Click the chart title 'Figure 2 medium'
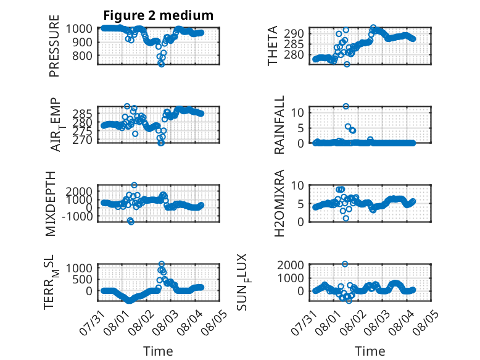(x=159, y=15)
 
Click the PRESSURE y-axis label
(x=54, y=46)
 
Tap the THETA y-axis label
(x=272, y=46)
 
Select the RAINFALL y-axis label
(x=279, y=125)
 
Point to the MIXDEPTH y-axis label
(x=50, y=204)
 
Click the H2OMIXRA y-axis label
(x=279, y=203)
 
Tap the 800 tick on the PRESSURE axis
(x=83, y=56)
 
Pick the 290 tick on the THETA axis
(x=294, y=33)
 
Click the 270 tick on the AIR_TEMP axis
(x=83, y=140)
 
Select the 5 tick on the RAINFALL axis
(x=301, y=128)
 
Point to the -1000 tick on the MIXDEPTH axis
(x=77, y=216)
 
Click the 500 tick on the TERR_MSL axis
(x=83, y=279)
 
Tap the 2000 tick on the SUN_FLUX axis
(x=291, y=265)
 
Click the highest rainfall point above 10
(x=346, y=106)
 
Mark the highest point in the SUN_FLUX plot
(x=345, y=264)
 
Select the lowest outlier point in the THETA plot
(x=347, y=64)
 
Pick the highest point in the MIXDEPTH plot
(x=134, y=185)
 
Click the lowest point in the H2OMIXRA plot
(x=346, y=218)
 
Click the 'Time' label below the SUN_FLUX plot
(x=370, y=351)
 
